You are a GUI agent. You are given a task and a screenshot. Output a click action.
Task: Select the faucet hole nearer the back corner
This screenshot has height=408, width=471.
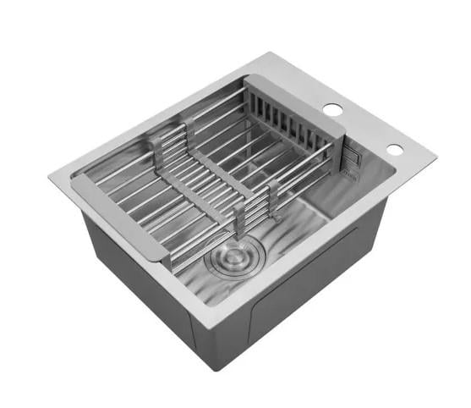(x=333, y=109)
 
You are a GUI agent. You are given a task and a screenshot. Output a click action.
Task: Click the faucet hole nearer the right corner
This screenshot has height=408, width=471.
(x=394, y=149)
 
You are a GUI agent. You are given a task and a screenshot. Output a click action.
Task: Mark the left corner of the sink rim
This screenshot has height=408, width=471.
(x=52, y=177)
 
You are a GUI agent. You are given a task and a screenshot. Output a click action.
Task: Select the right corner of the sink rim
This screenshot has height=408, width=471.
(x=433, y=157)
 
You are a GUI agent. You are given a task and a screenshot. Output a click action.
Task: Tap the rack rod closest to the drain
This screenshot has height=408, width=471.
(x=211, y=237)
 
